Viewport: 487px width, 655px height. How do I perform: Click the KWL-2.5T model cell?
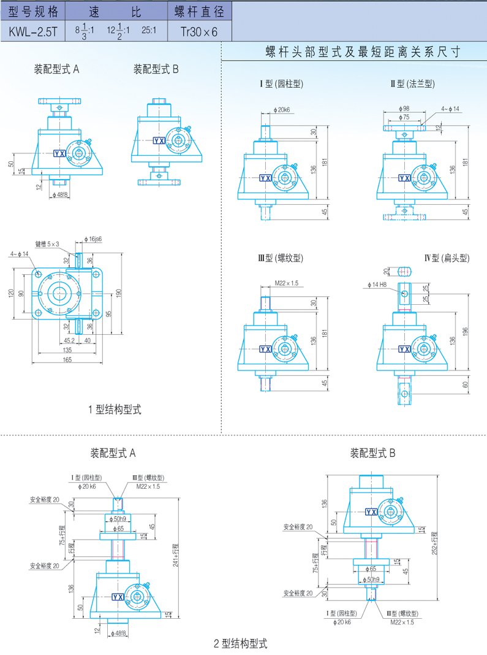coord(32,30)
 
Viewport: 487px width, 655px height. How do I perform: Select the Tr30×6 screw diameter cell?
coord(198,30)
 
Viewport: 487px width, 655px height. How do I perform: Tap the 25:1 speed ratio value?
coord(149,29)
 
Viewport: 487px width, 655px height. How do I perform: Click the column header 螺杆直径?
coord(198,10)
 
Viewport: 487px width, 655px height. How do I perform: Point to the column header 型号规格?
coord(32,10)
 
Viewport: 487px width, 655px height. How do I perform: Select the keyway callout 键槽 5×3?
coord(47,244)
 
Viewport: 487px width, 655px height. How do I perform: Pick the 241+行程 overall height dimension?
coord(175,556)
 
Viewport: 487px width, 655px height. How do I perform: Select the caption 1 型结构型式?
coord(115,409)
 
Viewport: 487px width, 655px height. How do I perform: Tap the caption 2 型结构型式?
coord(241,643)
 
